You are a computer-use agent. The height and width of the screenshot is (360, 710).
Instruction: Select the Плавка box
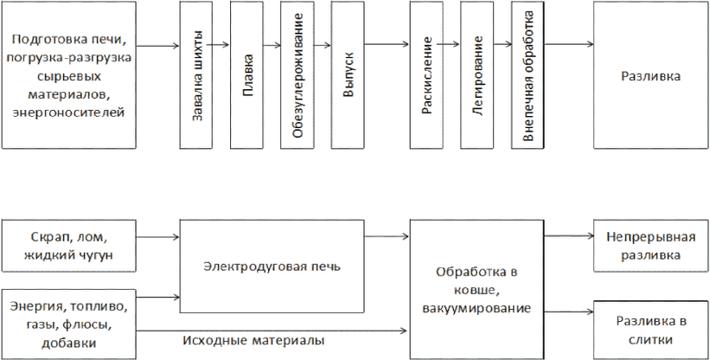tap(246, 74)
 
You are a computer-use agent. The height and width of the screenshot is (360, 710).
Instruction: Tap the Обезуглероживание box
tap(297, 74)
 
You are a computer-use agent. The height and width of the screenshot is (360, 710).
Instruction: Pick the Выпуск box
tap(348, 74)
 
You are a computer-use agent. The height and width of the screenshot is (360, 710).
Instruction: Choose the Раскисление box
tap(426, 74)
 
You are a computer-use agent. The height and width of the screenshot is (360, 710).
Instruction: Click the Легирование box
tap(477, 74)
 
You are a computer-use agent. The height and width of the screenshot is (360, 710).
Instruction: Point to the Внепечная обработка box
tap(528, 74)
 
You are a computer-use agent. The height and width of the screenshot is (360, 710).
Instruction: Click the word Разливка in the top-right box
tap(650, 76)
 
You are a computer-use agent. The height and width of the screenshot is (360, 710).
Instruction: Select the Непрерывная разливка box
tap(651, 246)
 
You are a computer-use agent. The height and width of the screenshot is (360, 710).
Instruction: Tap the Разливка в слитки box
tap(651, 330)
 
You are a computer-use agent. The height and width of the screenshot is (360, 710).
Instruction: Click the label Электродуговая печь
tap(272, 267)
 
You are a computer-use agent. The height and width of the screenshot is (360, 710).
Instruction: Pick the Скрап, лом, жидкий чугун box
tap(69, 246)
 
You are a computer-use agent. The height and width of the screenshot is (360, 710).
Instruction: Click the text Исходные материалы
tap(254, 339)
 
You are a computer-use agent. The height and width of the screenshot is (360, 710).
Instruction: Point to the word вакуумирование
tap(477, 308)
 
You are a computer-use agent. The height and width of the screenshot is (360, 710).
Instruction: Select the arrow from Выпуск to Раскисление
tap(387, 44)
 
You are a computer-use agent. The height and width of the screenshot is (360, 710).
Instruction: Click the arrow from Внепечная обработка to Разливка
tap(569, 44)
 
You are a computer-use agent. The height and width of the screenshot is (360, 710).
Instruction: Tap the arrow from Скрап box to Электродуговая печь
tap(158, 236)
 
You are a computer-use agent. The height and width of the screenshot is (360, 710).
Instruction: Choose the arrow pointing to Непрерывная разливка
tap(569, 236)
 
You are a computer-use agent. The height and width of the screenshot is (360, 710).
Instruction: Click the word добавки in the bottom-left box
tap(68, 344)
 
